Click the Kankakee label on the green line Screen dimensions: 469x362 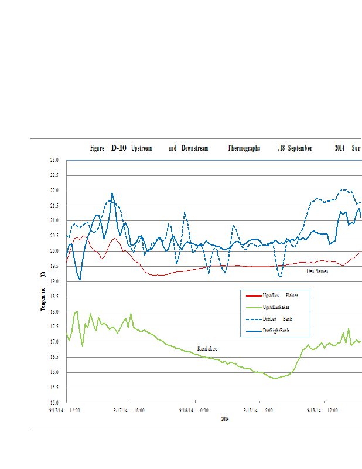(207, 348)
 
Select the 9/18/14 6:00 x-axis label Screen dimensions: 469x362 (259, 410)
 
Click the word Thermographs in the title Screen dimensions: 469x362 (244, 148)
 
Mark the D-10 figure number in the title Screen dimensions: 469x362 (118, 148)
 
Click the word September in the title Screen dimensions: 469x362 (299, 148)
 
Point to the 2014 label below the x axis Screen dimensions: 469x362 (226, 419)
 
